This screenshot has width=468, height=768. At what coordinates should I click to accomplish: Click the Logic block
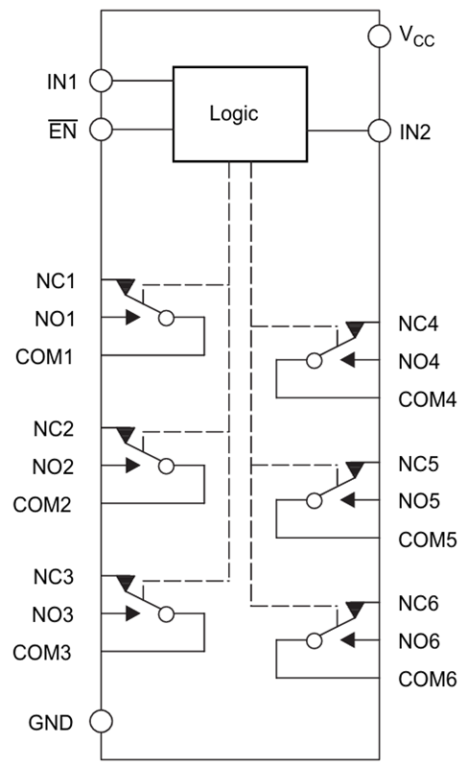pyautogui.click(x=240, y=114)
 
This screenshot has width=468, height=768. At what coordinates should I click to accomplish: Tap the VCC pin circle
pyautogui.click(x=380, y=36)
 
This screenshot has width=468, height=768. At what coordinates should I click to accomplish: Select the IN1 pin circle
pyautogui.click(x=102, y=81)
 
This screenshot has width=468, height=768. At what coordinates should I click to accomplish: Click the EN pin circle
pyautogui.click(x=102, y=130)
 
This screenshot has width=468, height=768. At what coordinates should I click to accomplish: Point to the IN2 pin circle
pyautogui.click(x=380, y=131)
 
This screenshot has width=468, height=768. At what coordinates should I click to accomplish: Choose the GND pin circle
pyautogui.click(x=102, y=722)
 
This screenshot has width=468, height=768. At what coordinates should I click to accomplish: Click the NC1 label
pyautogui.click(x=56, y=281)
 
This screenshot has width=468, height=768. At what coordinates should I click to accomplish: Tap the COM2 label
pyautogui.click(x=42, y=505)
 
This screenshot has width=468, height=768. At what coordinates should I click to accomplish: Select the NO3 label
pyautogui.click(x=53, y=614)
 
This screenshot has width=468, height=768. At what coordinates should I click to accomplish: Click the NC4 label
pyautogui.click(x=418, y=324)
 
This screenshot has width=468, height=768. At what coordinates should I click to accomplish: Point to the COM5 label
pyautogui.click(x=428, y=540)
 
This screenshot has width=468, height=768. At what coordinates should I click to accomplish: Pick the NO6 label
pyautogui.click(x=419, y=641)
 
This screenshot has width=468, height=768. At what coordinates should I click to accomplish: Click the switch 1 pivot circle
pyautogui.click(x=167, y=319)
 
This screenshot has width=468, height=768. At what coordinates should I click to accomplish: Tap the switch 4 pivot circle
pyautogui.click(x=314, y=361)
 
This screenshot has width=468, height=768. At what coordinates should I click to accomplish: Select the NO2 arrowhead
pyautogui.click(x=132, y=466)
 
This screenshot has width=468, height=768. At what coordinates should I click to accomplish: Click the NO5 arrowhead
pyautogui.click(x=347, y=500)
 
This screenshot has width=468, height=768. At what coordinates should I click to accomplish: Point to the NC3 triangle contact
pyautogui.click(x=126, y=583)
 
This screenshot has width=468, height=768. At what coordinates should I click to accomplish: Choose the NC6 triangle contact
pyautogui.click(x=355, y=610)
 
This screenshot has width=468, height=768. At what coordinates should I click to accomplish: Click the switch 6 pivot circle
pyautogui.click(x=314, y=640)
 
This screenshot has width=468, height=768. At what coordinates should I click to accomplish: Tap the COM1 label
pyautogui.click(x=44, y=357)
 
